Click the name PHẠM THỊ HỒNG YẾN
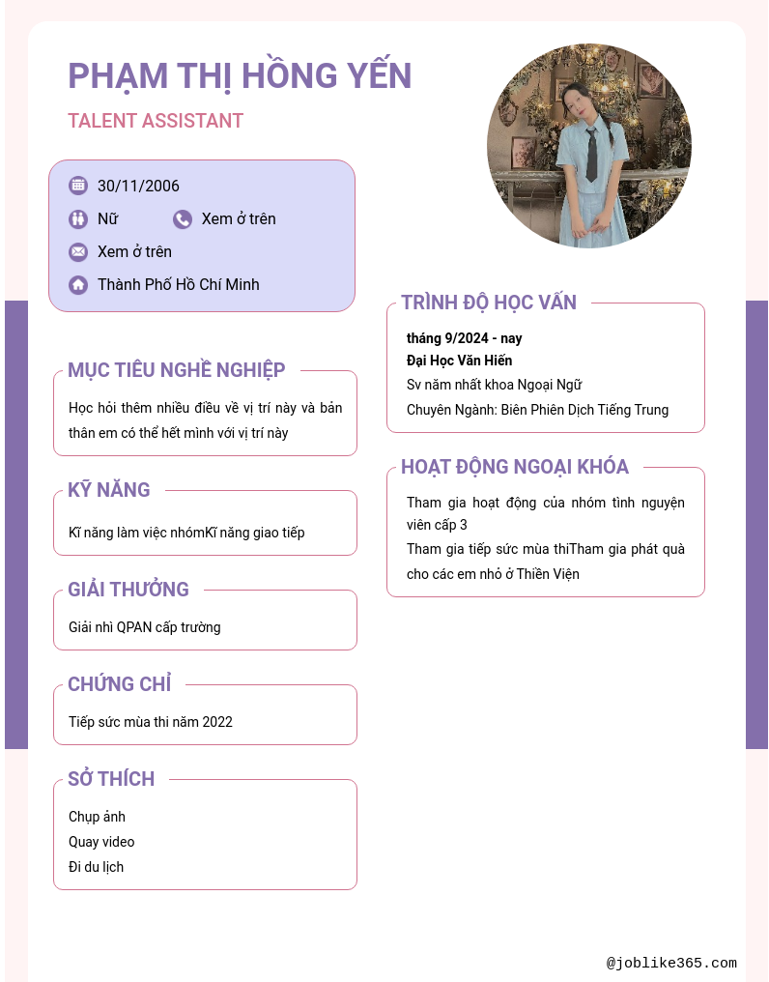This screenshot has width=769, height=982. point(240,75)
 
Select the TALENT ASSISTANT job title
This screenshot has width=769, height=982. point(156,121)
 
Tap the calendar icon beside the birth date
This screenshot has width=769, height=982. point(78,186)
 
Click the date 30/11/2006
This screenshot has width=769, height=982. point(138,186)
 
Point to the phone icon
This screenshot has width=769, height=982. point(183,219)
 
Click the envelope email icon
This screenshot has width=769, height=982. point(78,252)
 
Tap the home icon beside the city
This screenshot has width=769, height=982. point(78,285)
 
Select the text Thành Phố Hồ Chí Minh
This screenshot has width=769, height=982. point(178,285)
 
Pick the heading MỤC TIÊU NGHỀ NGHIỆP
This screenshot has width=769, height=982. point(177,370)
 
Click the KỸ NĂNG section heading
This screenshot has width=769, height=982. point(109,490)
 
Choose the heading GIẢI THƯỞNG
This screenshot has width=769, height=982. point(128,590)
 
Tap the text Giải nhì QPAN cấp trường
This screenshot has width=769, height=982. point(145,627)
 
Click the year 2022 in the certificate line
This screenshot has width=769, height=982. point(217,722)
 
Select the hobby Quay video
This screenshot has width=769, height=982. point(101,842)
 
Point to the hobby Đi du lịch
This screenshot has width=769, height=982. point(96,867)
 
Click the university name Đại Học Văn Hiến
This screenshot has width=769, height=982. point(459,361)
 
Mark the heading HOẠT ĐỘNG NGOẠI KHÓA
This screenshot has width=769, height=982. point(515,467)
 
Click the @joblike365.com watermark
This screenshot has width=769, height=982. point(671,963)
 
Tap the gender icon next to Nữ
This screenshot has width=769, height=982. point(78,219)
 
